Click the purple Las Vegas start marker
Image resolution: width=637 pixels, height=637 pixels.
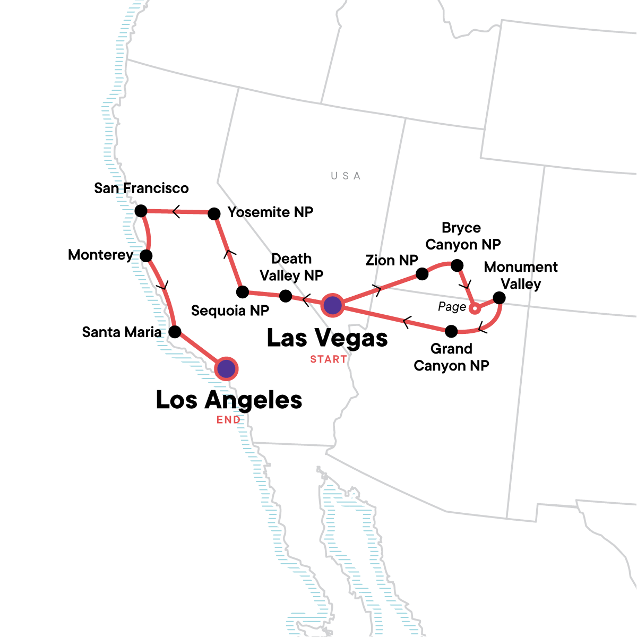(332, 305)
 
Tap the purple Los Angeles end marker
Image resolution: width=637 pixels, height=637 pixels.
(227, 368)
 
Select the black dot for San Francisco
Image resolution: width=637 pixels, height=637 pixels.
(141, 211)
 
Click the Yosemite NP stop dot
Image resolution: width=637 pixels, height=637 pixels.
(214, 213)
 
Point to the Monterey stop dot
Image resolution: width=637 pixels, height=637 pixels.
(147, 256)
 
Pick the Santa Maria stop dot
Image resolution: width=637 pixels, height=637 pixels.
(175, 332)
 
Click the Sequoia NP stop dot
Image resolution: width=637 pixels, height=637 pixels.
(242, 291)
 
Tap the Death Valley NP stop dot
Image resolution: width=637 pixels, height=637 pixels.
(285, 296)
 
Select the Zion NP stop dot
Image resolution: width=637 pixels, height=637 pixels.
(422, 274)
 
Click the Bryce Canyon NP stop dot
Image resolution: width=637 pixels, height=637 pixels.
(457, 265)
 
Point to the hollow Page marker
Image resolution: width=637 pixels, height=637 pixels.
(476, 308)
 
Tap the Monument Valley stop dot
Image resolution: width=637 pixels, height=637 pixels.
(499, 298)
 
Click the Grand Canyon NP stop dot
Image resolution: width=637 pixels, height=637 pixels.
(451, 332)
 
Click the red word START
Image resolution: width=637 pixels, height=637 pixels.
(329, 360)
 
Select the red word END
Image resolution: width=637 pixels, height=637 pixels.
(228, 420)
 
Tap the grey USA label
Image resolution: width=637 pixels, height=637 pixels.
(346, 176)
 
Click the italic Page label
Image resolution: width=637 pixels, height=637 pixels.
(452, 307)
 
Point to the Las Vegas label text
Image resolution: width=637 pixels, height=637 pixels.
(327, 338)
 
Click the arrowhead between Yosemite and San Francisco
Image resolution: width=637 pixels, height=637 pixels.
(176, 212)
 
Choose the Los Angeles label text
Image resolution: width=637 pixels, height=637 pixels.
(229, 400)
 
